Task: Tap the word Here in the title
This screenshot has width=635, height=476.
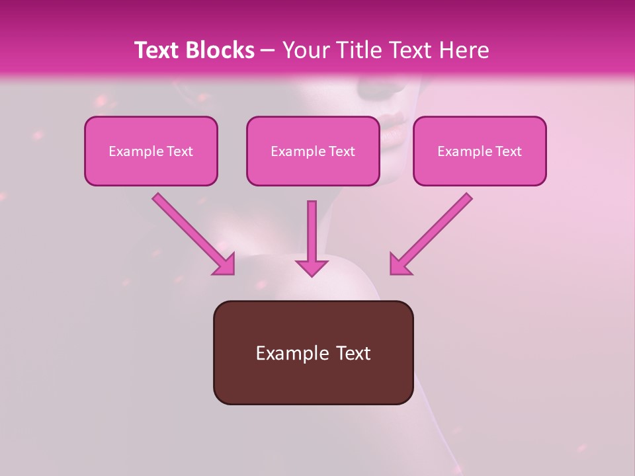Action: pyautogui.click(x=463, y=50)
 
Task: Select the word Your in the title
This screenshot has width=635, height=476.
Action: pyautogui.click(x=304, y=50)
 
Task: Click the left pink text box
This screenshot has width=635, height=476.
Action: pyautogui.click(x=151, y=151)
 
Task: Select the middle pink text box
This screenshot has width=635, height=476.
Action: pyautogui.click(x=313, y=151)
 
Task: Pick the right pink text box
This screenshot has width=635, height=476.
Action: pyautogui.click(x=480, y=151)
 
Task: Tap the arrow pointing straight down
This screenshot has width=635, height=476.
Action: pyautogui.click(x=312, y=238)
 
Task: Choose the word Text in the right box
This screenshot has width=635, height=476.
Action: pyautogui.click(x=509, y=151)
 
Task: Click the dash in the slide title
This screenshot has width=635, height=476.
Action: pyautogui.click(x=268, y=51)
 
